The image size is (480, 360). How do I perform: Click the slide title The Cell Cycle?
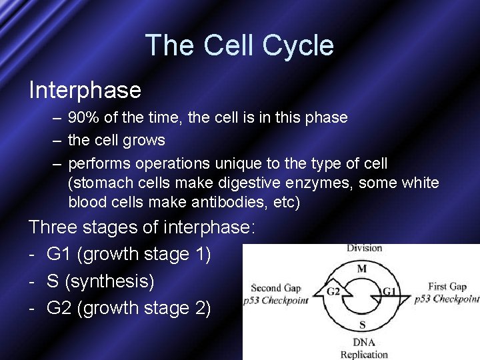[x=239, y=46]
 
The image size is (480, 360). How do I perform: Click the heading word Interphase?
[x=85, y=90]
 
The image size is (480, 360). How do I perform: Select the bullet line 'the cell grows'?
[x=116, y=141]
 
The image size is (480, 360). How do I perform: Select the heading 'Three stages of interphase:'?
[x=142, y=227]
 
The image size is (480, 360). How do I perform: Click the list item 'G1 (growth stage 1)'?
[x=129, y=254]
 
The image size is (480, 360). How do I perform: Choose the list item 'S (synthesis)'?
[x=100, y=281]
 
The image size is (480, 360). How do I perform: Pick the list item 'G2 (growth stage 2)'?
[x=129, y=309]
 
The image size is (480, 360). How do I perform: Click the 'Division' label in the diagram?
[x=364, y=248]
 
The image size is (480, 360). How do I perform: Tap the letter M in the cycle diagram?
[x=362, y=268]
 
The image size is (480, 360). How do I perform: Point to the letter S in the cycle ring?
[x=362, y=325]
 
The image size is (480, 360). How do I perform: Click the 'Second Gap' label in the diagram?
[x=275, y=288]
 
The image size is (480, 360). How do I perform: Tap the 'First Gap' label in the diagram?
[x=447, y=287]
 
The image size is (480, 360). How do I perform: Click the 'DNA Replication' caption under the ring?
[x=363, y=348]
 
